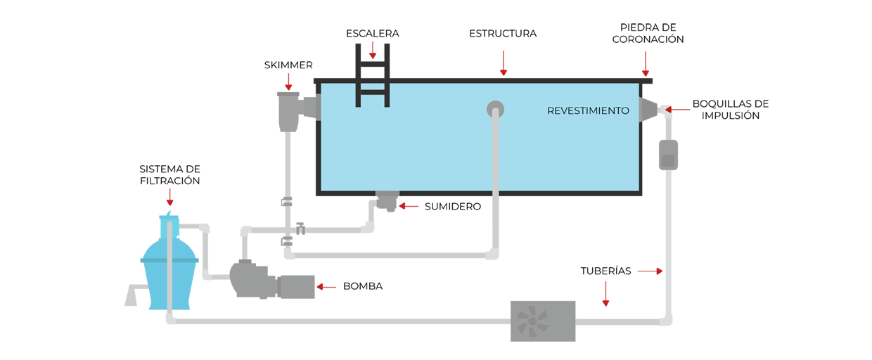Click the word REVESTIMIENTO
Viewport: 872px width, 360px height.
(x=588, y=111)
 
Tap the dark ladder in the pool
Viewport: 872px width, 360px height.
(x=372, y=94)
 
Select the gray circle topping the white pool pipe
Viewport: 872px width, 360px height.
(x=496, y=108)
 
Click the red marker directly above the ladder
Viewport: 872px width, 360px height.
(x=373, y=51)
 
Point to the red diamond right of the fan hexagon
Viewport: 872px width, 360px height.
(x=606, y=295)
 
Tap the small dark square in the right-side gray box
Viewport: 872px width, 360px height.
(x=668, y=161)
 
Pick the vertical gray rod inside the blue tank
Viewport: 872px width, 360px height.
(x=171, y=267)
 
